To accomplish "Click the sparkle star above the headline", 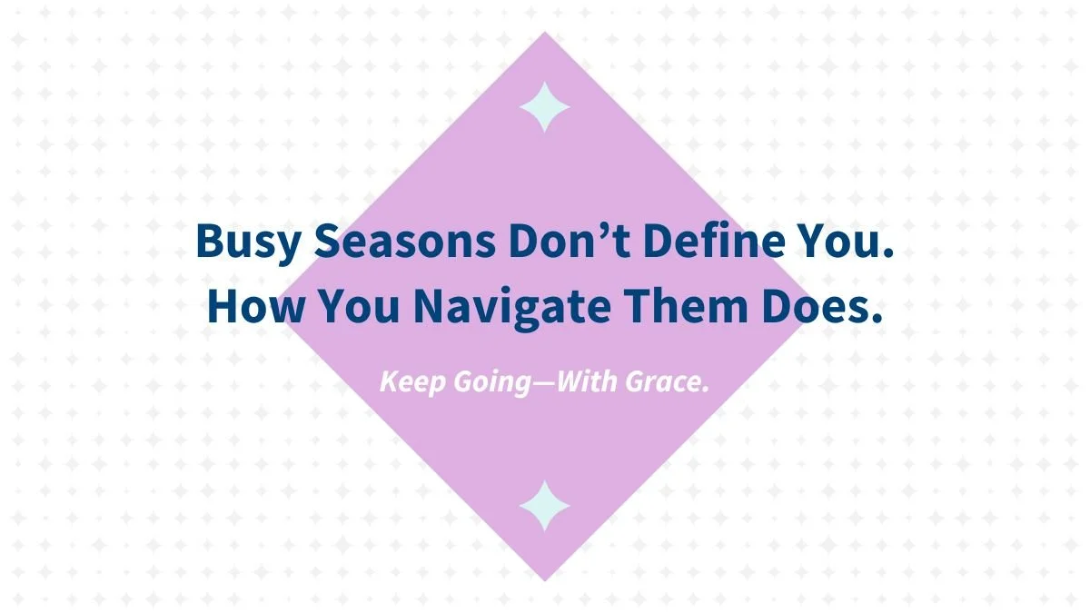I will click(x=544, y=106).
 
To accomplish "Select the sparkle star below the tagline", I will click(x=544, y=505).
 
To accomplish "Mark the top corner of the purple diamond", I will click(x=544, y=35).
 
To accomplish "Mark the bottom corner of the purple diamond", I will click(x=544, y=579).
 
